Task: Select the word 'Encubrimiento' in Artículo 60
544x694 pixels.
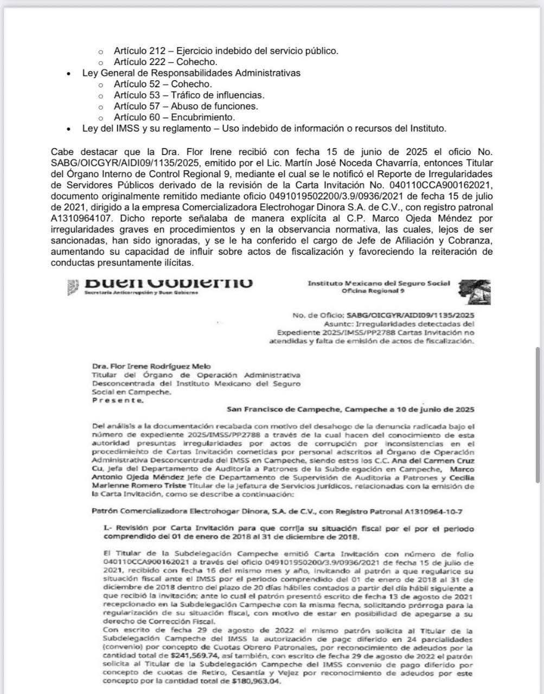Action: [203, 117]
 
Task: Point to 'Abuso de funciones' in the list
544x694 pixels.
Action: [214, 106]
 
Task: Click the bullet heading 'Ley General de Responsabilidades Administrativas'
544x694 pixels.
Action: [191, 73]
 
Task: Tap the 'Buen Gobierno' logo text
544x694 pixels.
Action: [169, 283]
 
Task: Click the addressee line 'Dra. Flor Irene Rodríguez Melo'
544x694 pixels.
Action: [144, 366]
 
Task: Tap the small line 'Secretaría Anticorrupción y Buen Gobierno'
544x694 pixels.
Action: [142, 292]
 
